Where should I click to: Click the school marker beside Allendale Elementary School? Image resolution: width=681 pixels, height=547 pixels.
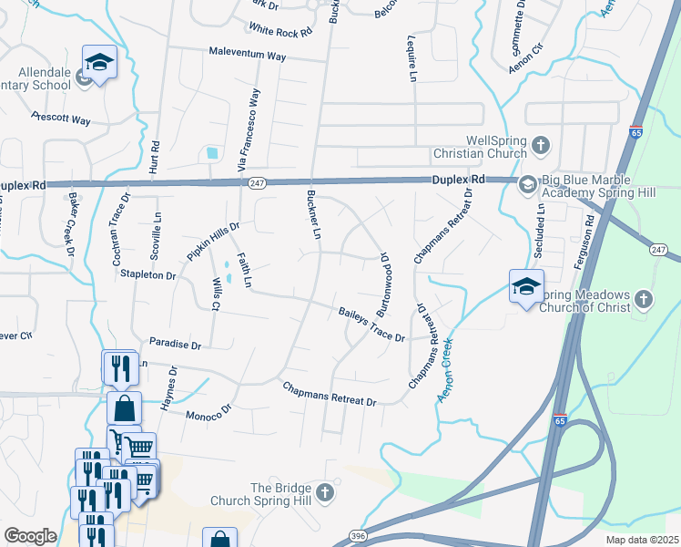(x=99, y=62)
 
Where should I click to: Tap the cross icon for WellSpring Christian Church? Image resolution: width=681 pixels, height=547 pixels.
(x=541, y=145)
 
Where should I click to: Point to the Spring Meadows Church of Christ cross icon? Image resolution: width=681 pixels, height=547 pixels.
(x=644, y=300)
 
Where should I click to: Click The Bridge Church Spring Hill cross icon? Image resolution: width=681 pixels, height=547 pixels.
(x=325, y=493)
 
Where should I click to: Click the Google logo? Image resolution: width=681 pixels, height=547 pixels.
(x=30, y=536)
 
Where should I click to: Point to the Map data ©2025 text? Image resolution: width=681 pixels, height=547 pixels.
(x=642, y=540)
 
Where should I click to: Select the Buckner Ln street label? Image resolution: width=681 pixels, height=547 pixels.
(x=312, y=220)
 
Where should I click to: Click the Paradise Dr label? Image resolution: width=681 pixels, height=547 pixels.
(x=175, y=346)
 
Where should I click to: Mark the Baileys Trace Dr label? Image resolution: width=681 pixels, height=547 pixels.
(x=371, y=324)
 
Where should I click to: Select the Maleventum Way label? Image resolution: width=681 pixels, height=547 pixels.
(x=247, y=56)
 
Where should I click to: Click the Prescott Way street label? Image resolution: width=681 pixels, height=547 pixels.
(x=61, y=119)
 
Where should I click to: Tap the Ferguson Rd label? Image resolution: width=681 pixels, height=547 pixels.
(x=588, y=233)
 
